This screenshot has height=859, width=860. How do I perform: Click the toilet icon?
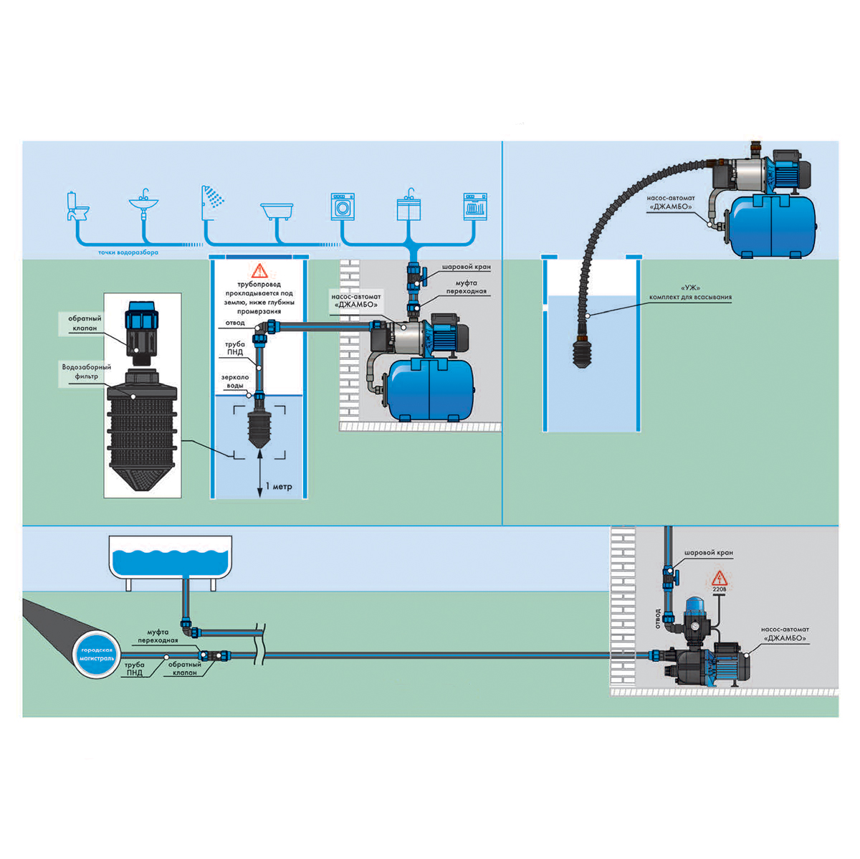(77, 206)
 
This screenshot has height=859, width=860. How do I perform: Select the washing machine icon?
(343, 207)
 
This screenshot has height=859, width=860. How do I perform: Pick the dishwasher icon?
(475, 207)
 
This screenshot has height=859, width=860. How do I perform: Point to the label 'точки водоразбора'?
(128, 252)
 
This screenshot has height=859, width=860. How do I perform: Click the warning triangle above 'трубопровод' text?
(259, 270)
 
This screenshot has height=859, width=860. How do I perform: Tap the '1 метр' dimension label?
(279, 486)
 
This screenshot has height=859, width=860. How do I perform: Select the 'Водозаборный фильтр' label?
(86, 371)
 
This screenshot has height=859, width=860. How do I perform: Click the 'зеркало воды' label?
(235, 381)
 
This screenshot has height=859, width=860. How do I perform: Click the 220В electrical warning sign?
(719, 581)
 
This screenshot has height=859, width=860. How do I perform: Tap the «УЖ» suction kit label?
(690, 293)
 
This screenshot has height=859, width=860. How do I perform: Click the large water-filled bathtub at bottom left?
(171, 563)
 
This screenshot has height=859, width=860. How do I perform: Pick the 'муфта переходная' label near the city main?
(158, 636)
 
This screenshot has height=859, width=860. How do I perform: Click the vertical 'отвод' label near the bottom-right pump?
(657, 619)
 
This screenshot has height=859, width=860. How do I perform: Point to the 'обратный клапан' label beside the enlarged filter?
(85, 323)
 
